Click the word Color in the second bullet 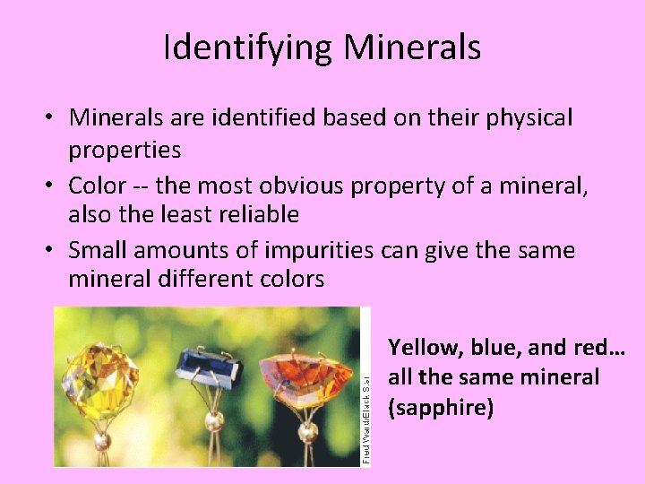[x=98, y=186]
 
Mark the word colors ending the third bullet [x=286, y=279]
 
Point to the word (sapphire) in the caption [x=440, y=408]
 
